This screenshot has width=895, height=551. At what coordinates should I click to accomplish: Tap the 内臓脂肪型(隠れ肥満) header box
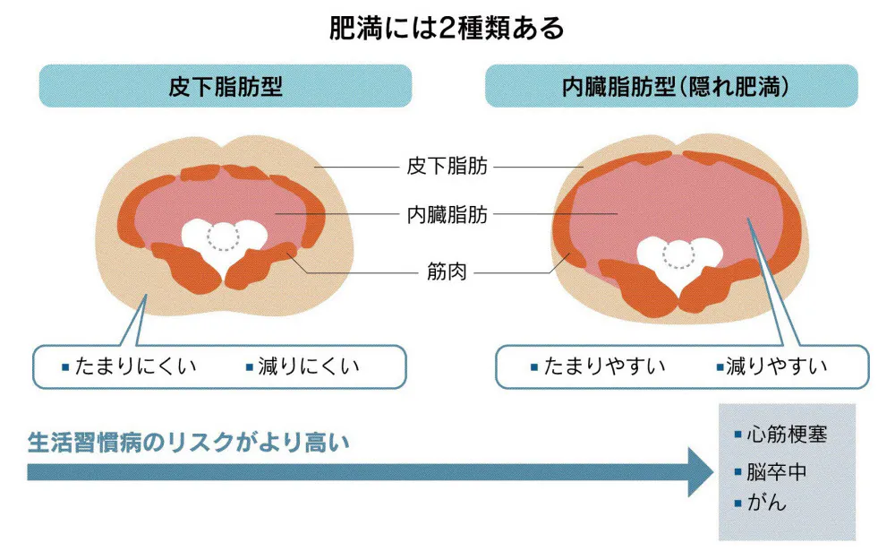(x=671, y=87)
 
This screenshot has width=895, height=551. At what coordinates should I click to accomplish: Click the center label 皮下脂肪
(x=447, y=167)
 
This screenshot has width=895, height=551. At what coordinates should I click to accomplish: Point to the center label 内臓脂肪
(x=447, y=215)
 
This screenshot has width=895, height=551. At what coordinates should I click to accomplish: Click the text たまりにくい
(x=136, y=366)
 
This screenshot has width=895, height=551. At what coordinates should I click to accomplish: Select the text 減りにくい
(x=308, y=366)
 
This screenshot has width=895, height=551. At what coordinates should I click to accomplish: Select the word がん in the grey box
(x=767, y=503)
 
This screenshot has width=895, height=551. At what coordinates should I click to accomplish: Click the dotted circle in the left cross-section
(x=223, y=237)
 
